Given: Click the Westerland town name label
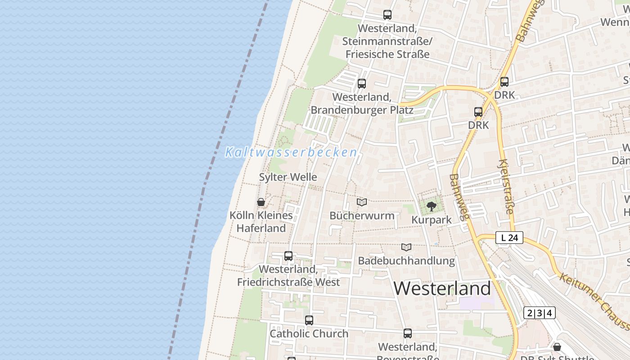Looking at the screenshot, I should coord(442,288).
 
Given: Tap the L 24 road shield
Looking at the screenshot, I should coord(509,238).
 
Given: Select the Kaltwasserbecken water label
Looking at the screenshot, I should coord(291,152).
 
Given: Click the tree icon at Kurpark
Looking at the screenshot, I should coord(432,207).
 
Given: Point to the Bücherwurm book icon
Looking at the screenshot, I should coord(362,202).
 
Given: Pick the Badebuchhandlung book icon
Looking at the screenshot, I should coord(406,247).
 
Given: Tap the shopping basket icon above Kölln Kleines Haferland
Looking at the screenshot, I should coord(261,202).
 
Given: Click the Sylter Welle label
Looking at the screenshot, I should coord(288,177).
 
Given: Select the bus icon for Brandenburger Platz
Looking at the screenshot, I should coord(362,84).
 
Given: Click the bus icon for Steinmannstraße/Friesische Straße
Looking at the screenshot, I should coord(387,15).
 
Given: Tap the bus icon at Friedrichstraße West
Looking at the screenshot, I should coord(288,256).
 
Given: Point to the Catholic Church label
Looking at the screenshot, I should coord(309,334).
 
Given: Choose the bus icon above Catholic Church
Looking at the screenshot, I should coord(309,320).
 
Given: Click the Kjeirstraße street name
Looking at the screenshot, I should coord(506,186).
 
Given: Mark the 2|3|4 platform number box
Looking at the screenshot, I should coord(539,313).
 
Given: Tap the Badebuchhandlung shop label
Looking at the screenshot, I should coord(406,261).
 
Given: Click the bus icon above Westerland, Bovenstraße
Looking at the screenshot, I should coord(408,333).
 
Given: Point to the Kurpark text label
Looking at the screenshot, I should coord(432,220).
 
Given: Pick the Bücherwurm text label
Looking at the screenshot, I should coord(362,216).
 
